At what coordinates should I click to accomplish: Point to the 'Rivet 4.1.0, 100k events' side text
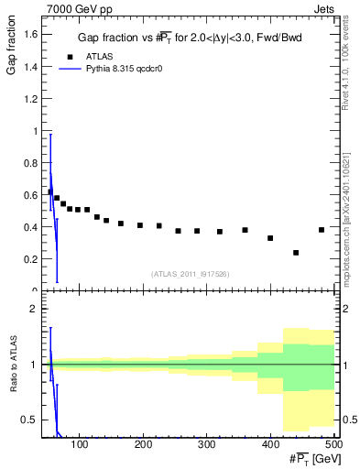[x=345, y=64]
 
